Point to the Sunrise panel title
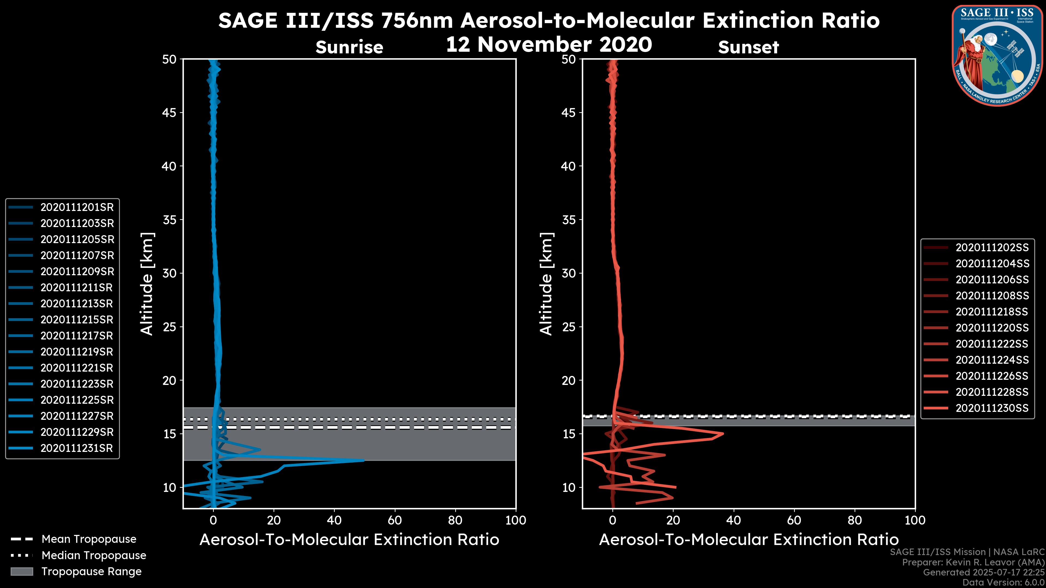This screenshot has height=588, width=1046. click(x=349, y=47)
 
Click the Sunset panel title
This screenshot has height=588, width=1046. click(x=748, y=47)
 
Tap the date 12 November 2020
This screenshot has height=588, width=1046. click(x=549, y=45)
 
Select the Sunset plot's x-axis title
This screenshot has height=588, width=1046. click(x=748, y=540)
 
